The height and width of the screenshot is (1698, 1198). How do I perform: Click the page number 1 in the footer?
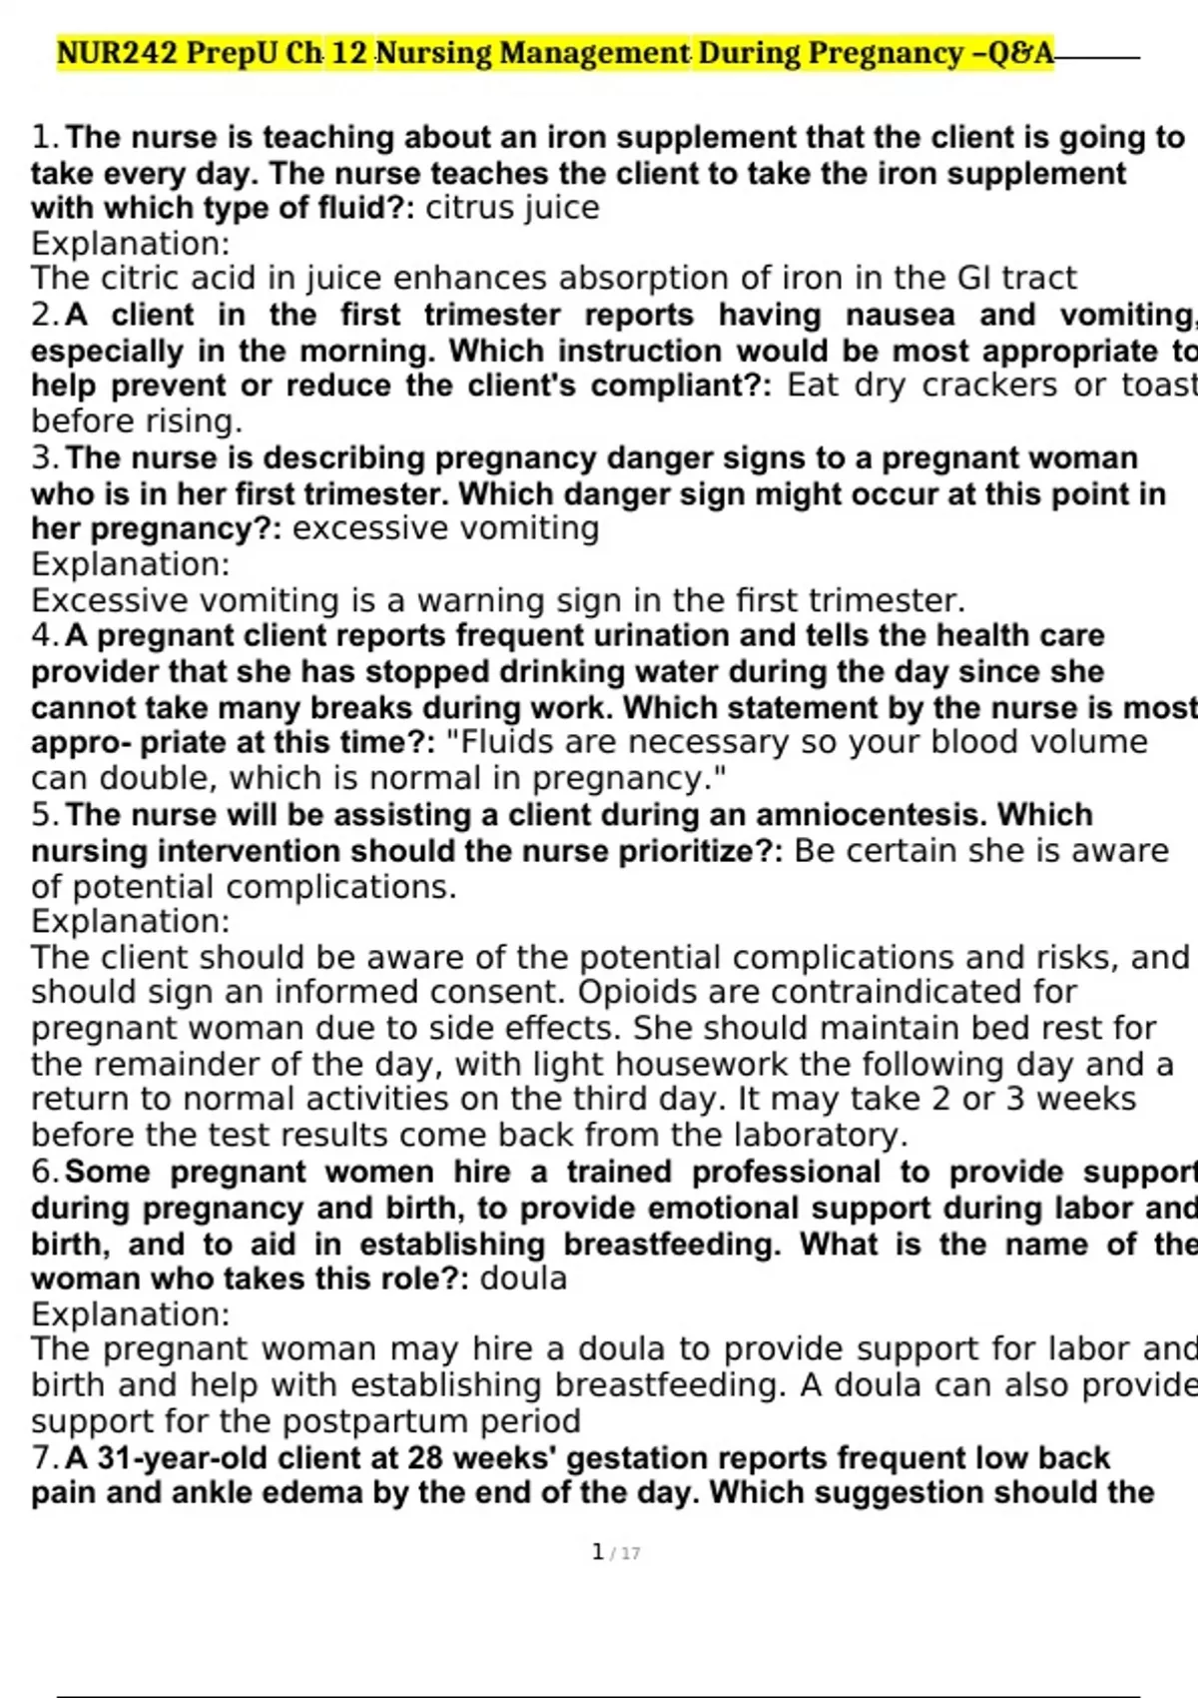tap(598, 1552)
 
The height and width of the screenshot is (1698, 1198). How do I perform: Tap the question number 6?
tap(44, 1172)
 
